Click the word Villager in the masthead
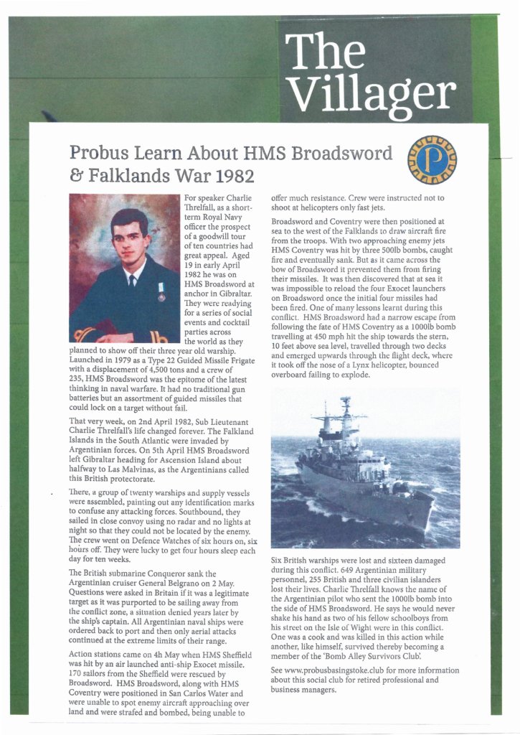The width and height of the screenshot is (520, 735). (x=374, y=90)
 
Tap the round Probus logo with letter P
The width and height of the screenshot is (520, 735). (x=431, y=161)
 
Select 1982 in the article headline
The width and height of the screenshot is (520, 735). (x=232, y=175)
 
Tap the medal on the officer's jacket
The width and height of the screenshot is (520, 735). (x=161, y=291)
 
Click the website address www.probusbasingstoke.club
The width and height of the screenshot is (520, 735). (x=327, y=670)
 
